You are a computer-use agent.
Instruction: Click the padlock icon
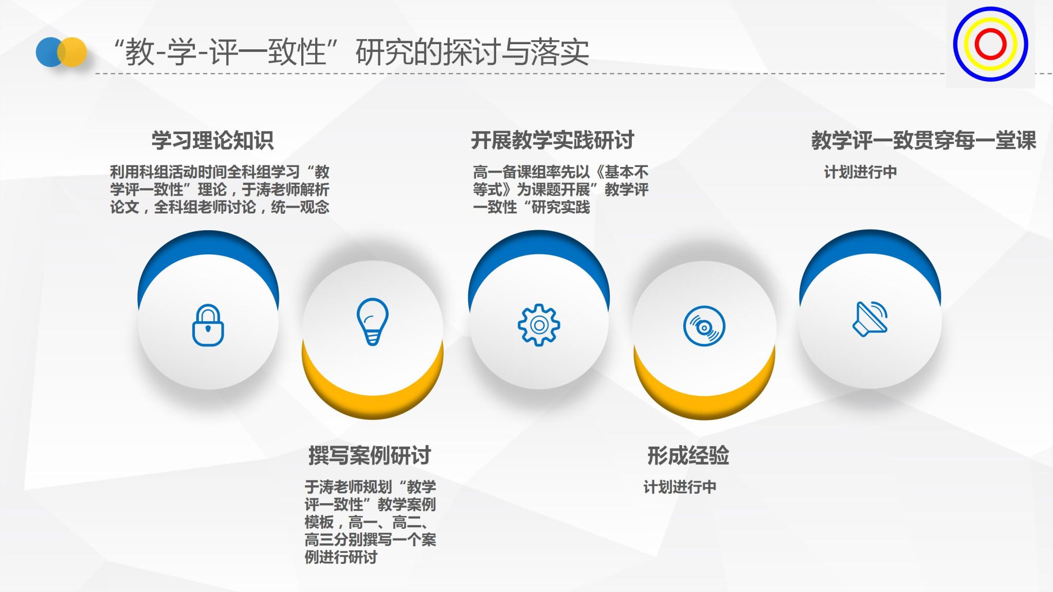(x=208, y=325)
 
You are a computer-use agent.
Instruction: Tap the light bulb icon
(x=373, y=322)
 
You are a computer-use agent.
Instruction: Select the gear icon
(x=538, y=325)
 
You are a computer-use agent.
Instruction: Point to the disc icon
(x=704, y=326)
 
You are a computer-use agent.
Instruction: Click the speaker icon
(x=870, y=319)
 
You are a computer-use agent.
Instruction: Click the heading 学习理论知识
(x=212, y=140)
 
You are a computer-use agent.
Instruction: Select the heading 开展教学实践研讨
(x=553, y=140)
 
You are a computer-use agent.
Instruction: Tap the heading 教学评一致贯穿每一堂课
(x=923, y=140)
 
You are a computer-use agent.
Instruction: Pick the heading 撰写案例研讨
(x=370, y=455)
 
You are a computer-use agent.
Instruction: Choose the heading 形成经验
(x=688, y=455)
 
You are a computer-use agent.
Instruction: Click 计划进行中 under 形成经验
(x=680, y=487)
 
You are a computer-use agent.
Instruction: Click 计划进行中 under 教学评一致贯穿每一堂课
(x=860, y=172)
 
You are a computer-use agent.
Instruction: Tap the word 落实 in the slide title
(x=560, y=52)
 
